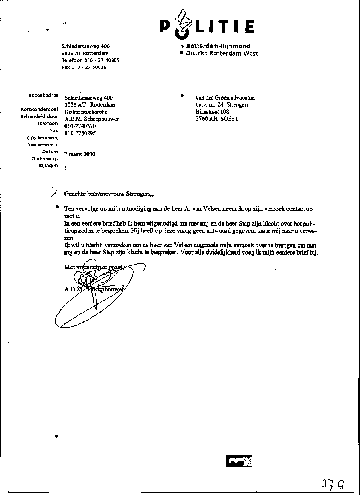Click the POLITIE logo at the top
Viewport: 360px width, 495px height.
[x=206, y=26]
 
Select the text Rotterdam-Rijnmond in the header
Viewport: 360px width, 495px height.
[x=218, y=46]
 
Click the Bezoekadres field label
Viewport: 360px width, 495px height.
[x=43, y=96]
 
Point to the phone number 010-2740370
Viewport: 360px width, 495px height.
[x=80, y=126]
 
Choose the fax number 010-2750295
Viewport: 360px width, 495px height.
[x=80, y=134]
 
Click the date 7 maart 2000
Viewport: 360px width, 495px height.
[x=80, y=154]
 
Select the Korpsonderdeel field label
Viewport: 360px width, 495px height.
[x=39, y=110]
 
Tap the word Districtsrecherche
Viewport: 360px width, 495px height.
[x=86, y=112]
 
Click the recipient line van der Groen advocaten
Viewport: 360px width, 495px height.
[x=225, y=98]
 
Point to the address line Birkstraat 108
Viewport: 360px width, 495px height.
[x=212, y=112]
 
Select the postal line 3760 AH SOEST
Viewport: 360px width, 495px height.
[x=217, y=119]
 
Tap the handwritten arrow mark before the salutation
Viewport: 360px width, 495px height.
[x=53, y=192]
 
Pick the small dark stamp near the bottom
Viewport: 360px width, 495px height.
[x=239, y=461]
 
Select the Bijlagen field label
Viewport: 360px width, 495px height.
[x=48, y=166]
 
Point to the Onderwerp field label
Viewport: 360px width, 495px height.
[x=44, y=159]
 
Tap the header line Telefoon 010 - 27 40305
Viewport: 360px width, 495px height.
[x=90, y=60]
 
